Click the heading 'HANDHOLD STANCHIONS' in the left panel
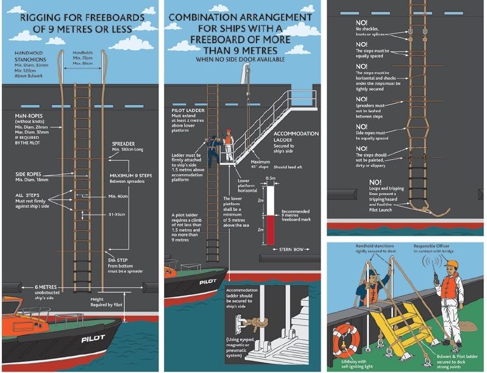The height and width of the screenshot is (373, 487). point(30,57)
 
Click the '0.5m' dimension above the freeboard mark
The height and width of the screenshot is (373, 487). point(271,178)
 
